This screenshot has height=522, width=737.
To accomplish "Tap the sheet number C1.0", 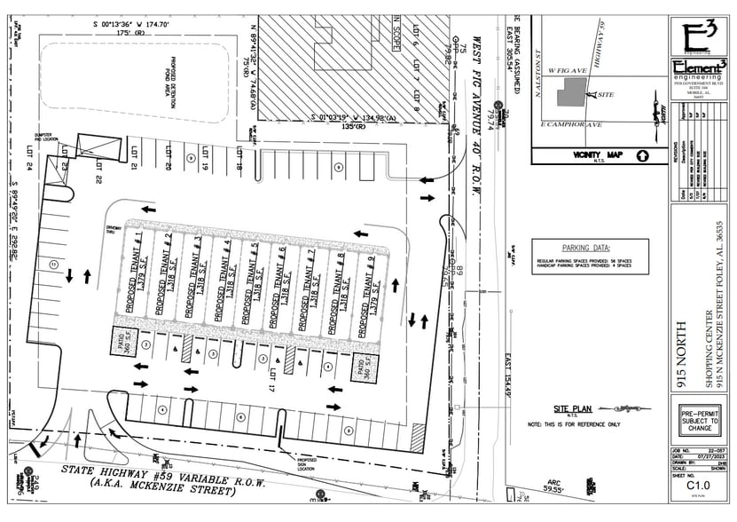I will (696, 486).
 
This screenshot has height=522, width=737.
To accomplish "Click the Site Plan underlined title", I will (572, 409).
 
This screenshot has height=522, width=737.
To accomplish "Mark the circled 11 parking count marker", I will (53, 264).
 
